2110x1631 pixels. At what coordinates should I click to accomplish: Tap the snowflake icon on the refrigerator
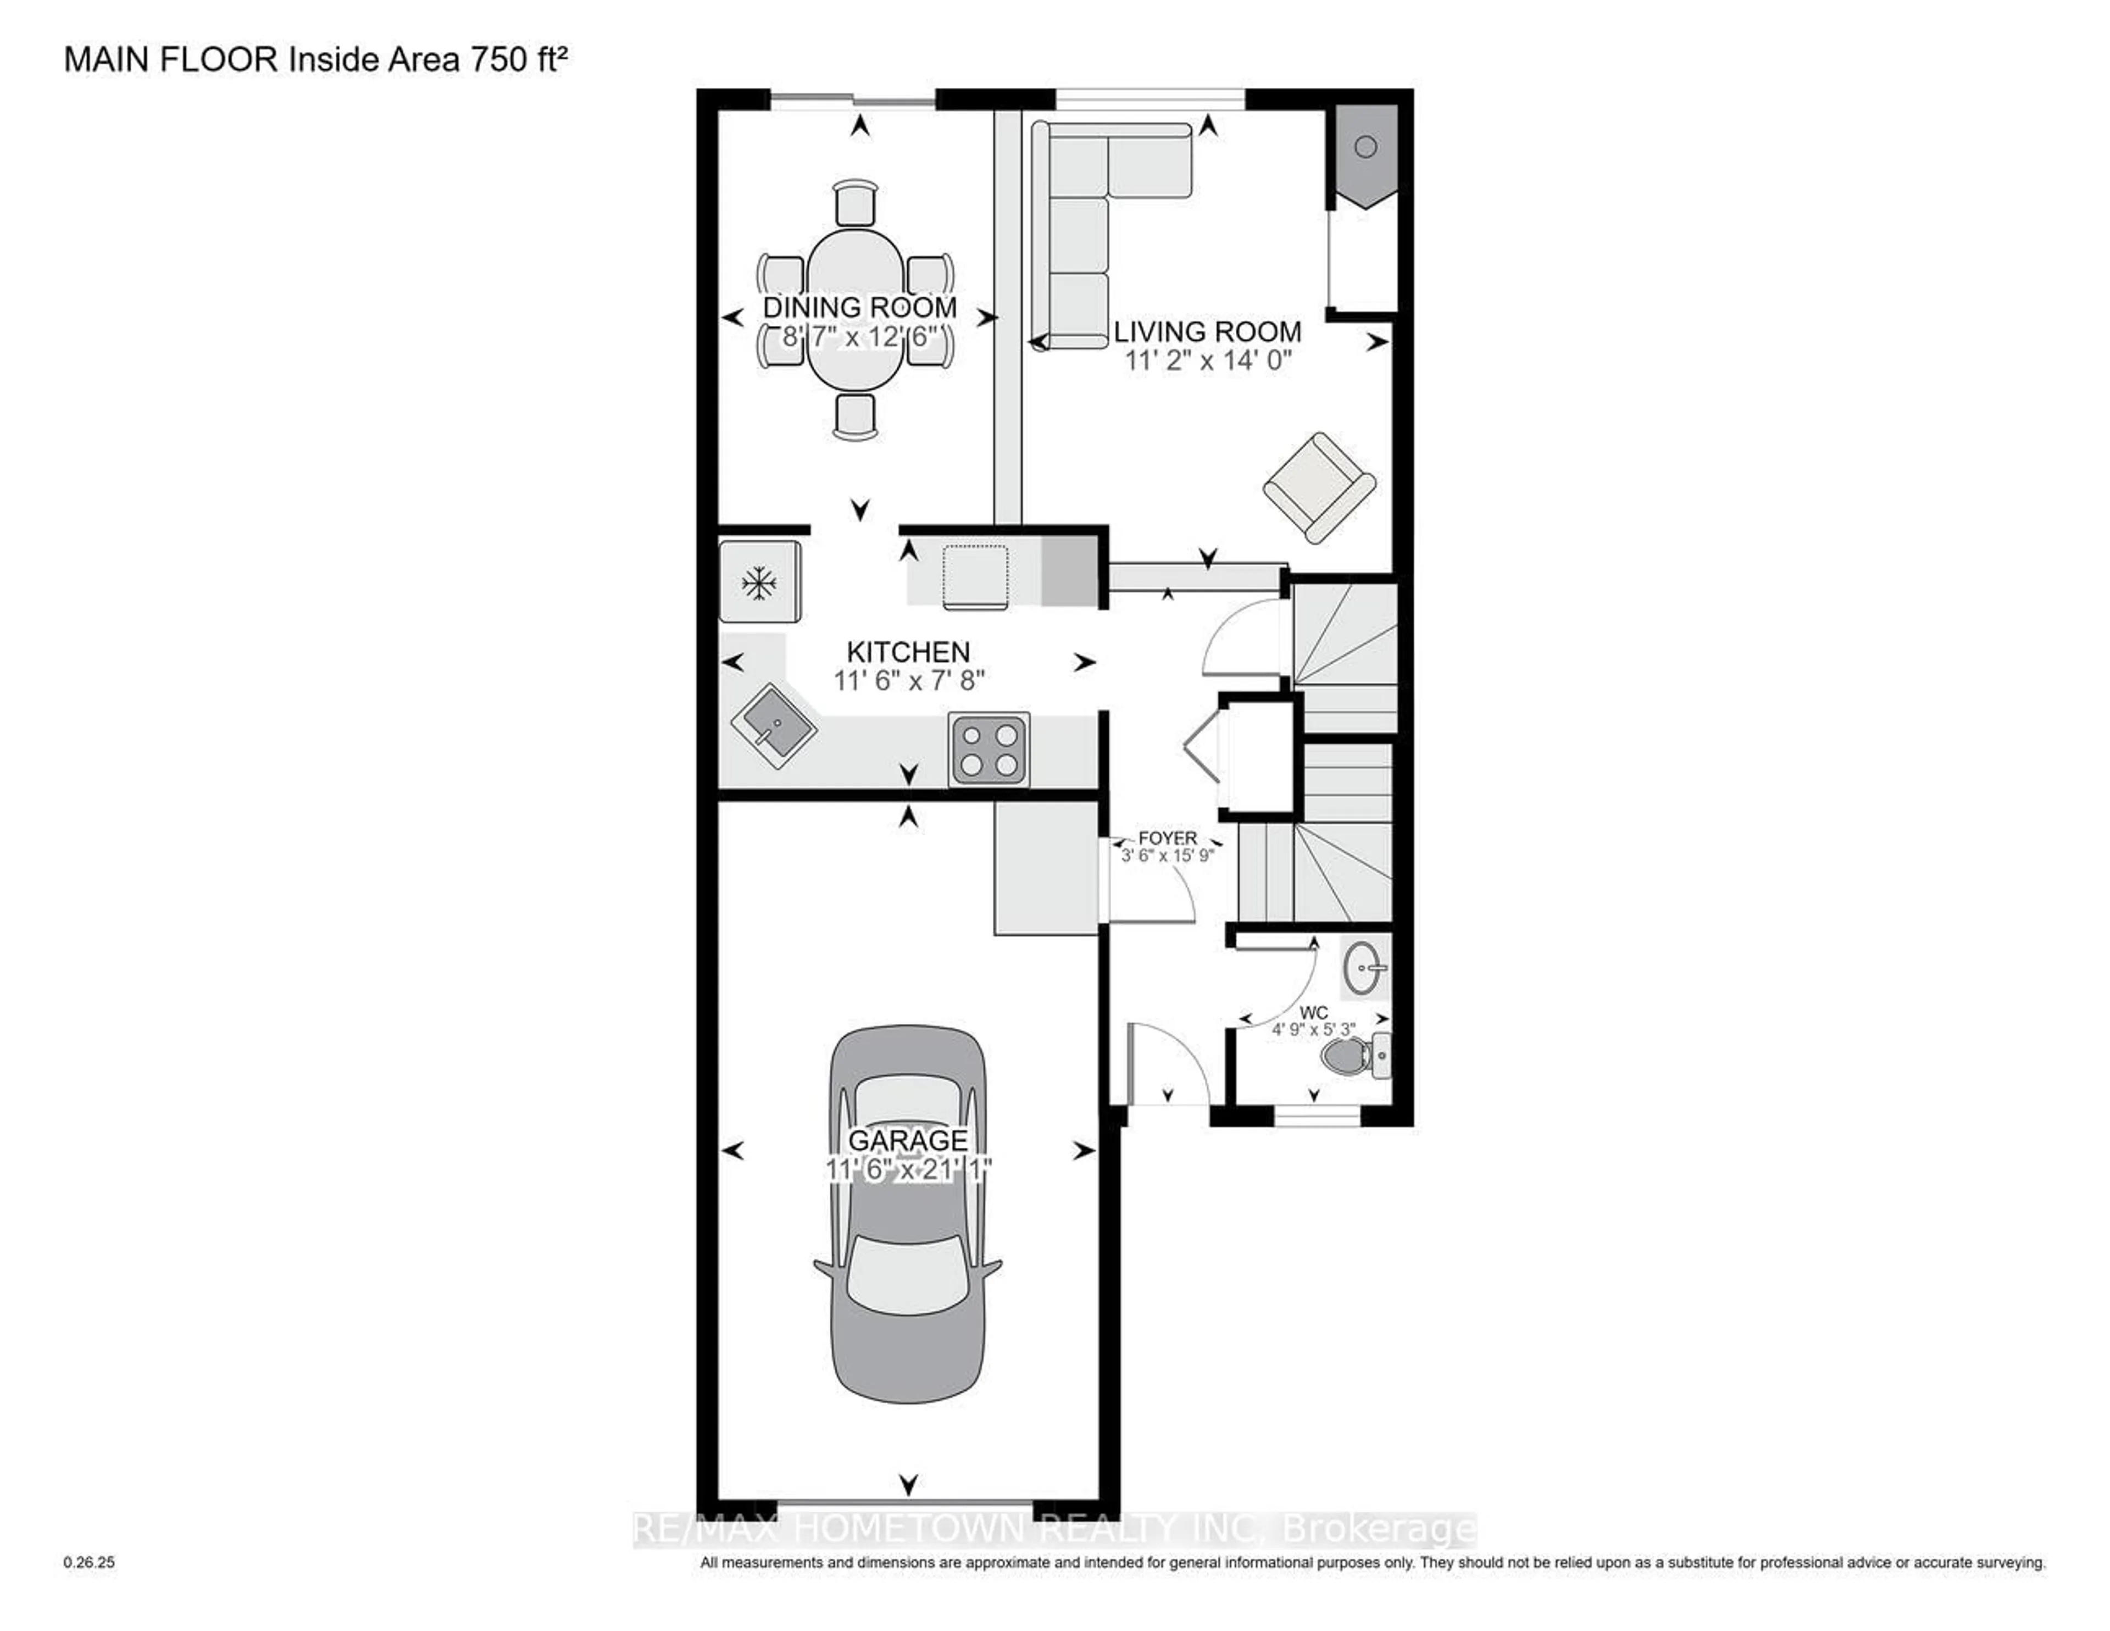[759, 582]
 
